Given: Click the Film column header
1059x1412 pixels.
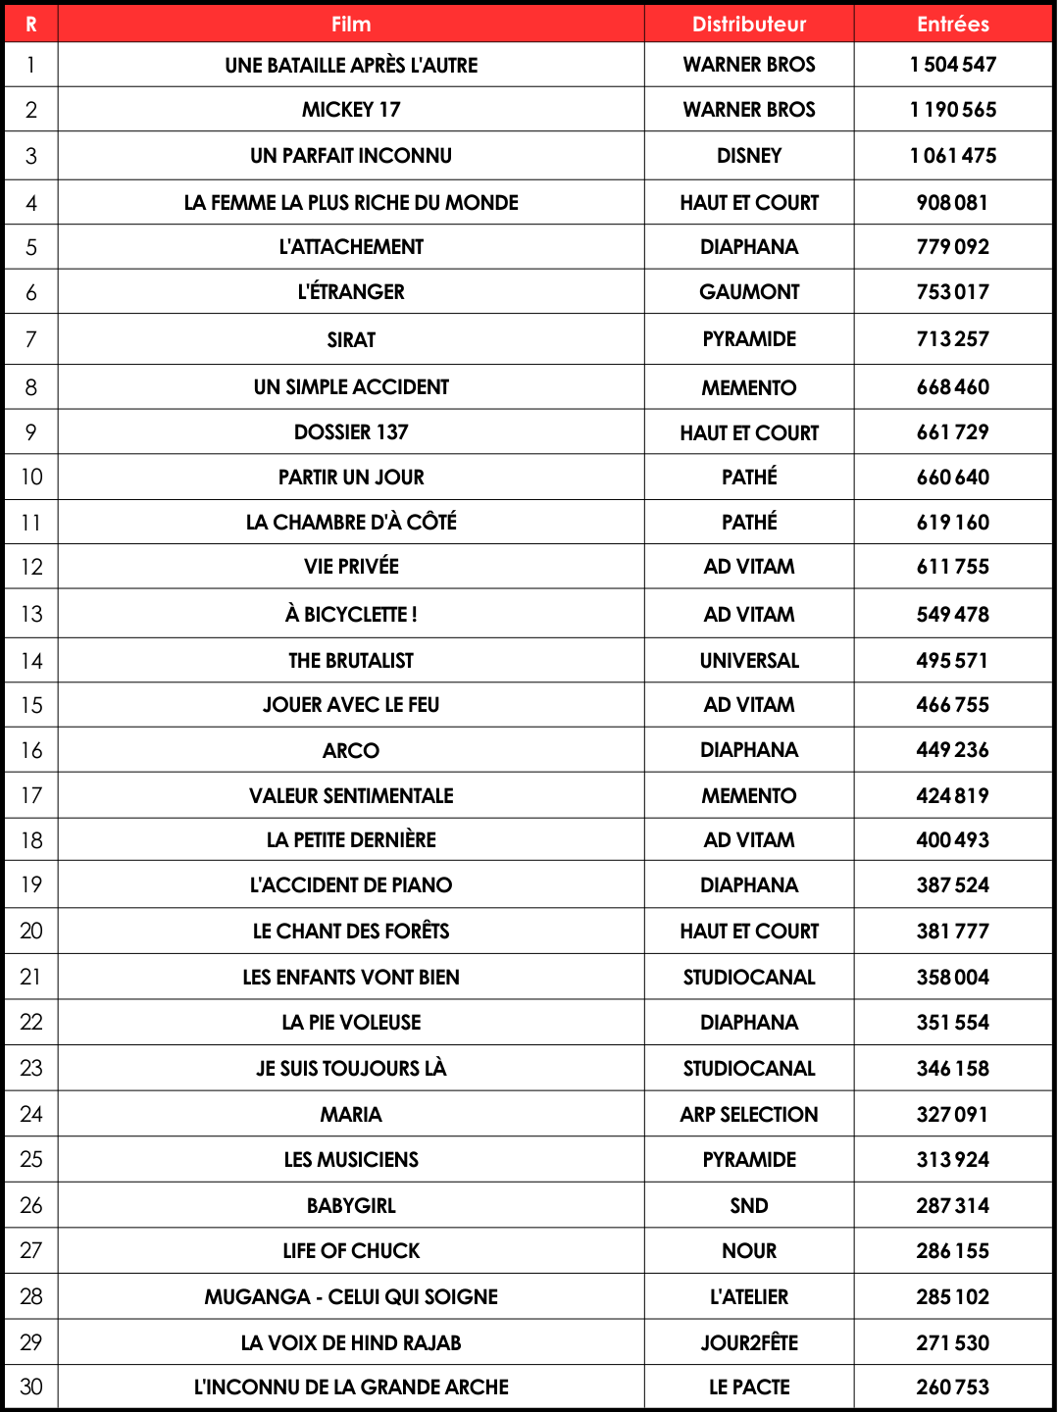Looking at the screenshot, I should pyautogui.click(x=351, y=25).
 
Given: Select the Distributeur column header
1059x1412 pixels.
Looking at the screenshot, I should pyautogui.click(x=749, y=25).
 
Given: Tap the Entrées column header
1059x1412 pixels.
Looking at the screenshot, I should pyautogui.click(x=953, y=25).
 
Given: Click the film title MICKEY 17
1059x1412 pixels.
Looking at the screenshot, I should pyautogui.click(x=351, y=110).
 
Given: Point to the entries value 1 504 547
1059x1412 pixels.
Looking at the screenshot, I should pyautogui.click(x=953, y=65).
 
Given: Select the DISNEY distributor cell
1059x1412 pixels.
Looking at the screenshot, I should pyautogui.click(x=749, y=156).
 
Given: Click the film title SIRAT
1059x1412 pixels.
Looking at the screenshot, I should pyautogui.click(x=351, y=340).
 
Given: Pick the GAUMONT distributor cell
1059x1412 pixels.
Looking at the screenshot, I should pyautogui.click(x=749, y=292).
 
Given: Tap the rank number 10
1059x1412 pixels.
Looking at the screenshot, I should pyautogui.click(x=31, y=478).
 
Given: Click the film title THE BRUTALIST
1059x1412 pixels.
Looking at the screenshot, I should pyautogui.click(x=351, y=661).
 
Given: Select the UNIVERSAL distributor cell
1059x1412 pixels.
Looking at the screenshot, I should pyautogui.click(x=749, y=661).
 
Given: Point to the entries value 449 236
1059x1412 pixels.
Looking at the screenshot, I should pyautogui.click(x=953, y=750).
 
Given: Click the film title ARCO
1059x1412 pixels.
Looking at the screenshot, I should pyautogui.click(x=351, y=751).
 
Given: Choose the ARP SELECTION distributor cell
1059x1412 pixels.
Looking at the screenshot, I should pyautogui.click(x=749, y=1115).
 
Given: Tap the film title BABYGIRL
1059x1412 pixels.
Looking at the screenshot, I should pyautogui.click(x=351, y=1206).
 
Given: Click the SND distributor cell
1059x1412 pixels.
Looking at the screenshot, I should pyautogui.click(x=749, y=1206).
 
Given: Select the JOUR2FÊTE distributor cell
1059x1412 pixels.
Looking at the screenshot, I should pyautogui.click(x=749, y=1343).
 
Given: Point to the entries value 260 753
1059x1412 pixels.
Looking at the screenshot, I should pyautogui.click(x=953, y=1387).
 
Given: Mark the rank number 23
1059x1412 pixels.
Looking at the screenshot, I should pyautogui.click(x=31, y=1069).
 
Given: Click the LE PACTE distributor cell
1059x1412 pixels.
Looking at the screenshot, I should pyautogui.click(x=749, y=1387).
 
